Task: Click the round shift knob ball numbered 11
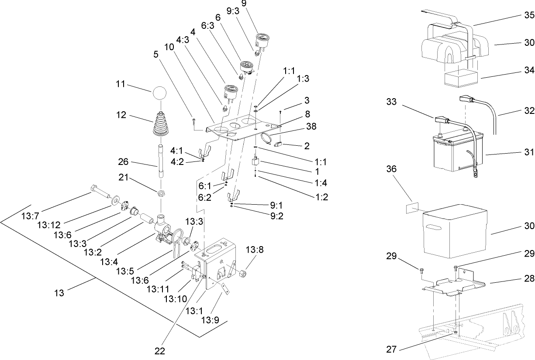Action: pos(160,93)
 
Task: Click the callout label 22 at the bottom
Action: pos(160,350)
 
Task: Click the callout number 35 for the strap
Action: pos(529,15)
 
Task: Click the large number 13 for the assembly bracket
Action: pos(59,293)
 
